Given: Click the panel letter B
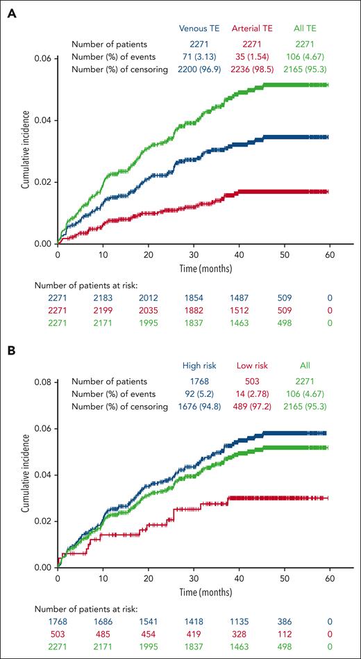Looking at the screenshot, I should pos(10,354).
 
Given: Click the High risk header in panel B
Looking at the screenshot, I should pos(199,366).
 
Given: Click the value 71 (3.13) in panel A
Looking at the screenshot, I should pos(199,55).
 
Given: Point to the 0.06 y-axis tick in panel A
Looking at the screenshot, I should pos(42,58).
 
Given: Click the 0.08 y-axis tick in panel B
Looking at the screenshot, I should pos(42,382).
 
